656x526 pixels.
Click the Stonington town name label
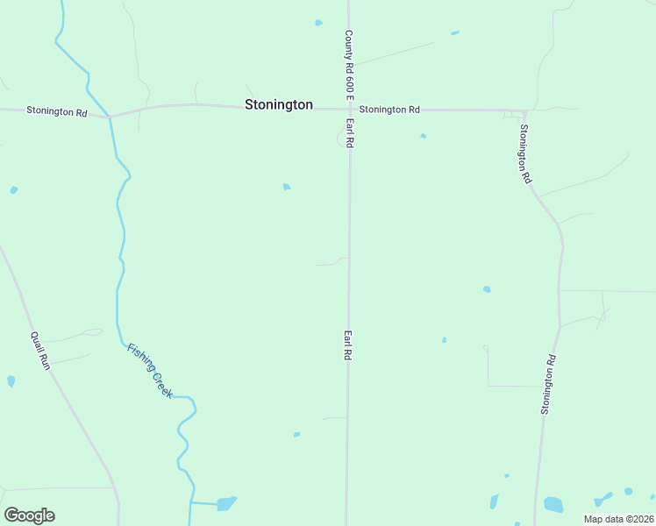tap(278, 104)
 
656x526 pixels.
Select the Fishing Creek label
tap(150, 370)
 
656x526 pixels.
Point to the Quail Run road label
tap(40, 350)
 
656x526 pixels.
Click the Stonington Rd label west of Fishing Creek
tap(57, 111)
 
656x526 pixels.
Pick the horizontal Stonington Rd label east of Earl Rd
tap(389, 110)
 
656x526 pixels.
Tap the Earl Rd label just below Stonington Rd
tap(349, 133)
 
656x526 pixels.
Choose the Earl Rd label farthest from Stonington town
tap(348, 345)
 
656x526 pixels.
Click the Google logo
tap(29, 515)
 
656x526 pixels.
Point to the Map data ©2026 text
tap(617, 519)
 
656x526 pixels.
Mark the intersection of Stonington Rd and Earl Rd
tap(349, 110)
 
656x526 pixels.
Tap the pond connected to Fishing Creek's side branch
tap(226, 503)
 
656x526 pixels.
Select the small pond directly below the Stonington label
tap(287, 187)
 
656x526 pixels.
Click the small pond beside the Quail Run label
tap(11, 381)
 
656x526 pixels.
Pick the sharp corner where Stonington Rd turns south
tap(524, 112)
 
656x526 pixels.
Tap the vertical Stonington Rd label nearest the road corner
tap(524, 153)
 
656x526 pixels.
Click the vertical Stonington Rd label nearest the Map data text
tap(548, 384)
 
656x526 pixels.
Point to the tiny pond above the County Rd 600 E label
tap(319, 23)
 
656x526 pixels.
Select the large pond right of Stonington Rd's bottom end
tap(553, 504)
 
